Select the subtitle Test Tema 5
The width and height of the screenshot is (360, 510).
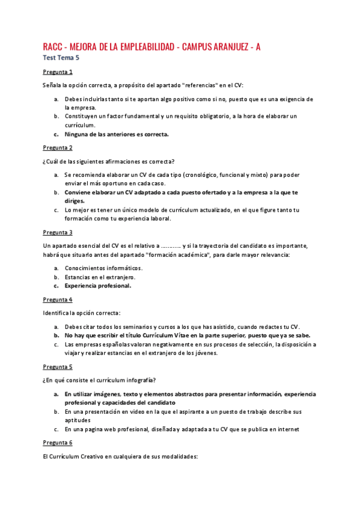tap(61, 58)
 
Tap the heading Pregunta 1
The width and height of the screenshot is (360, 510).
tap(58, 72)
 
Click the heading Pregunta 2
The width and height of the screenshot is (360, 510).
tap(58, 147)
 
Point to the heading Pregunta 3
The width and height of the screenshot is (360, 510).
tap(58, 232)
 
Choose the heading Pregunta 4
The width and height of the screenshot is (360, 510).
tap(58, 299)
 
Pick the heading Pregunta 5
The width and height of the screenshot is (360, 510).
tap(58, 366)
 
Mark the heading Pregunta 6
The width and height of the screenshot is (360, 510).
tap(58, 442)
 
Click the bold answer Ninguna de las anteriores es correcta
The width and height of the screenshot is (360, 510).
tap(117, 134)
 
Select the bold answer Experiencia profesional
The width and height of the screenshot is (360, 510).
tap(98, 286)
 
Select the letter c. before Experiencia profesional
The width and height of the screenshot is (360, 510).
tap(56, 286)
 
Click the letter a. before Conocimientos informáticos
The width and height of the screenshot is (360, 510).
tap(56, 268)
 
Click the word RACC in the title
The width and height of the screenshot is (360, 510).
tap(53, 46)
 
